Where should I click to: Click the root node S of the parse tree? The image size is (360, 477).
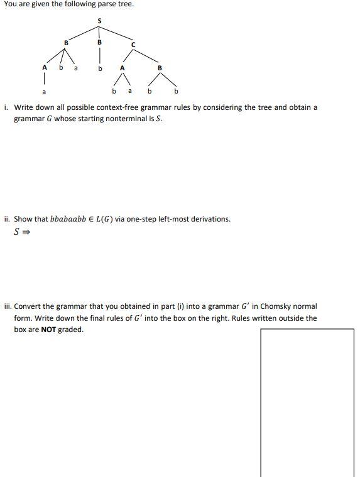[99, 21]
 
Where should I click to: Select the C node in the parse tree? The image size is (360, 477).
[133, 44]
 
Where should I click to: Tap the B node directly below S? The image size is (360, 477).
[99, 42]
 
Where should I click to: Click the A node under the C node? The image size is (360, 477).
[122, 68]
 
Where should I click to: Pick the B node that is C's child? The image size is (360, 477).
[160, 68]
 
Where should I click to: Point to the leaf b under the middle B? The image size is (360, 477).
[99, 68]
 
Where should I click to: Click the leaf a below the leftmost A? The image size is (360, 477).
[44, 92]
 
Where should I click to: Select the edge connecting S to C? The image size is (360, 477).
[117, 33]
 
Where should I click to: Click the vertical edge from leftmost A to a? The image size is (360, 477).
[44, 79]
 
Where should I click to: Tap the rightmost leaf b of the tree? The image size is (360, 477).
[176, 91]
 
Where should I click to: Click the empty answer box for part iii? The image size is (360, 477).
[307, 402]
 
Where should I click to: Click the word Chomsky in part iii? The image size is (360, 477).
[267, 306]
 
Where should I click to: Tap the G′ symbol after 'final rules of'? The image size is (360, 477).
[133, 318]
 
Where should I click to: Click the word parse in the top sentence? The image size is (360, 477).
[106, 4]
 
